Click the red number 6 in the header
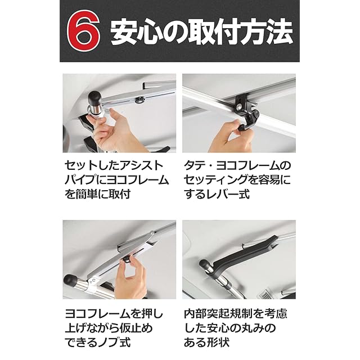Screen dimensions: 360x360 point(83,31)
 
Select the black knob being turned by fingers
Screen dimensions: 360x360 point(127,260)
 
